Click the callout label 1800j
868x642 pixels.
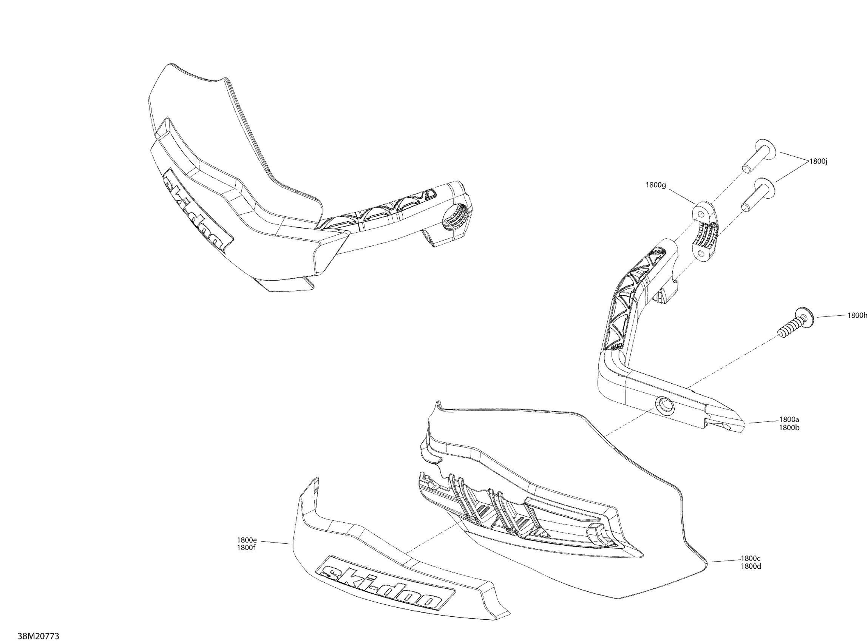click(818, 161)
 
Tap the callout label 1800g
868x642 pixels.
click(655, 185)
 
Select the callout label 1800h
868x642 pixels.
click(857, 315)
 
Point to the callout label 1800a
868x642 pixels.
click(789, 420)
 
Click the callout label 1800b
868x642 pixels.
click(789, 428)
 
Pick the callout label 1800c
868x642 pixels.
click(751, 559)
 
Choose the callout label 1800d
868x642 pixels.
click(751, 566)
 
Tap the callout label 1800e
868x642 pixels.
click(247, 540)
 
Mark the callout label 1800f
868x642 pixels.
click(246, 548)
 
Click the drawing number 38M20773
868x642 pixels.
click(39, 636)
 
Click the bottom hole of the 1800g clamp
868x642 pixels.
click(700, 253)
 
